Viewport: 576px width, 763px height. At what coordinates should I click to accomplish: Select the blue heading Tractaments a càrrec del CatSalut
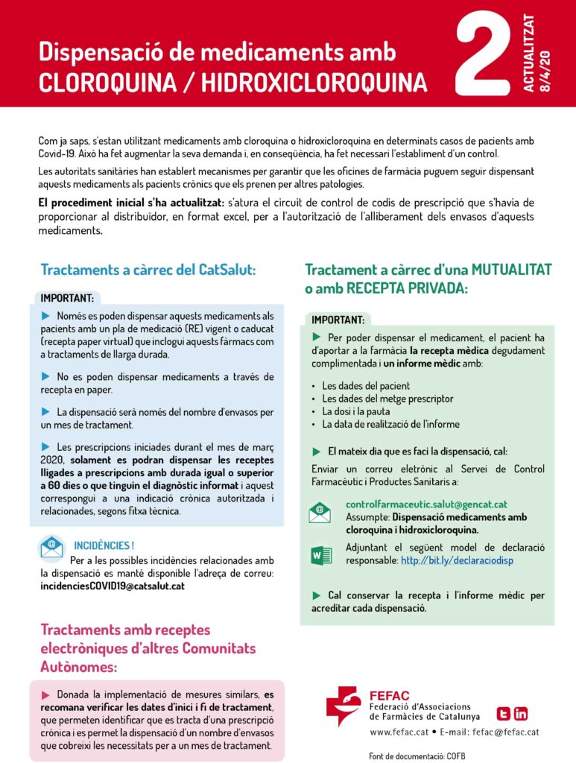point(148,270)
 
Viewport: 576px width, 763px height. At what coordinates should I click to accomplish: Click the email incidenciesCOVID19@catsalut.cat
point(113,586)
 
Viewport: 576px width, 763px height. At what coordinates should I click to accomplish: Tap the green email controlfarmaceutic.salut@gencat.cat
point(426,504)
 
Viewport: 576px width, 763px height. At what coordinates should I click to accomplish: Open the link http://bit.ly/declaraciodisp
point(457,560)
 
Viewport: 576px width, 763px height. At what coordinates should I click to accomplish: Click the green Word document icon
point(321,555)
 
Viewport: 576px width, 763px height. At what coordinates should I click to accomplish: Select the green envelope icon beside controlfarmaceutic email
point(320,513)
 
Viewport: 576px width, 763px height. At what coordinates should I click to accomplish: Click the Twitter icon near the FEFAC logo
point(503,713)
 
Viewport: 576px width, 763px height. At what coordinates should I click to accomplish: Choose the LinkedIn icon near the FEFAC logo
point(521,713)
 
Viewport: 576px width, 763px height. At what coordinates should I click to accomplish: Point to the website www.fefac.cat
point(399,732)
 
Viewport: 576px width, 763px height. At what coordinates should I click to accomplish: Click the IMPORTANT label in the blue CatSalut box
point(67,298)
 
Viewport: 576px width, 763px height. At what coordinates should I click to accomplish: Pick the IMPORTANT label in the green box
point(338,320)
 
